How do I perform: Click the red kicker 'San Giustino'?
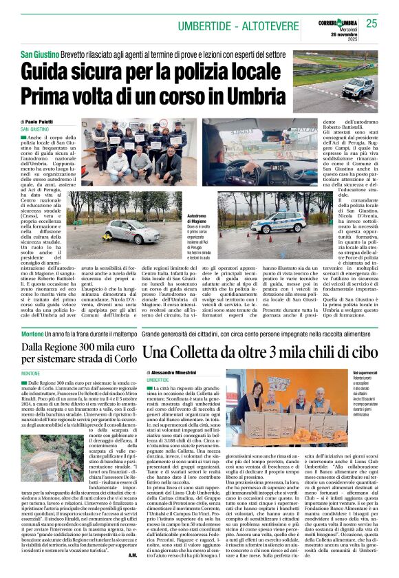coord(39,53)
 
